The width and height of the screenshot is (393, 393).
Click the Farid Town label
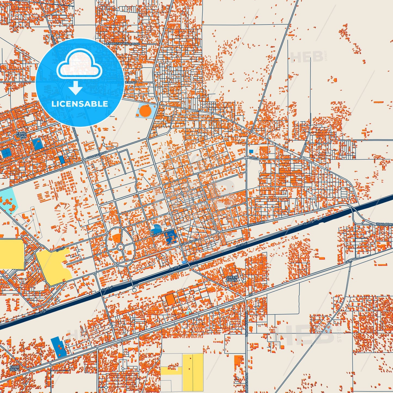[21, 135]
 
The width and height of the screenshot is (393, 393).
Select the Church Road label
[161, 233]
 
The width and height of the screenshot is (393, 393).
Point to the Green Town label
[232, 278]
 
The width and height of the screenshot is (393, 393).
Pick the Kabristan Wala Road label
[123, 44]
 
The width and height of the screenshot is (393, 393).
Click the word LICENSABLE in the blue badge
[80, 104]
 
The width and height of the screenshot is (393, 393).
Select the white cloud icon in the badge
[79, 65]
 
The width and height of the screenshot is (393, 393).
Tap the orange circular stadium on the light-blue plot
[144, 110]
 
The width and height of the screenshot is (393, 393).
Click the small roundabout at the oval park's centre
[120, 247]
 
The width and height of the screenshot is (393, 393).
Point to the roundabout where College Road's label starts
[83, 160]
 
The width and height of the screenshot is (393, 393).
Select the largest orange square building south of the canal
[170, 300]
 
